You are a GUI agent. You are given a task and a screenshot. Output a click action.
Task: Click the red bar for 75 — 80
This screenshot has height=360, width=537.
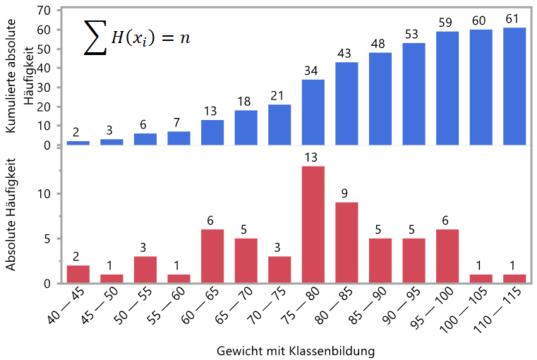[313, 224]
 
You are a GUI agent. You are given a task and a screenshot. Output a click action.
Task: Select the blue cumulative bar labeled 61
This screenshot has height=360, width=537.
[514, 86]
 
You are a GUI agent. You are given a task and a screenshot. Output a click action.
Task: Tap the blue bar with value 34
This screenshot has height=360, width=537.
[313, 112]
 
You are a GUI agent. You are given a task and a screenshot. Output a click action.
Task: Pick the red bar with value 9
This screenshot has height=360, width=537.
[346, 243]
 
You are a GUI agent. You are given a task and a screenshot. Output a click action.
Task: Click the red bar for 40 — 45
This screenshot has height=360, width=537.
[78, 274]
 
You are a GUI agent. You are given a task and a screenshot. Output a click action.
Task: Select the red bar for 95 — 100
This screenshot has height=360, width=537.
[447, 256]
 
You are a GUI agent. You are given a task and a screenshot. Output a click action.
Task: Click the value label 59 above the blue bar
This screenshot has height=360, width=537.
[447, 21]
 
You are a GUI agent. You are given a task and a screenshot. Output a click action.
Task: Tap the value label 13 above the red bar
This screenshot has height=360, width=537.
[313, 157]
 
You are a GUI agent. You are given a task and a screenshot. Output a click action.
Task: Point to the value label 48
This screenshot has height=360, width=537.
[380, 44]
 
